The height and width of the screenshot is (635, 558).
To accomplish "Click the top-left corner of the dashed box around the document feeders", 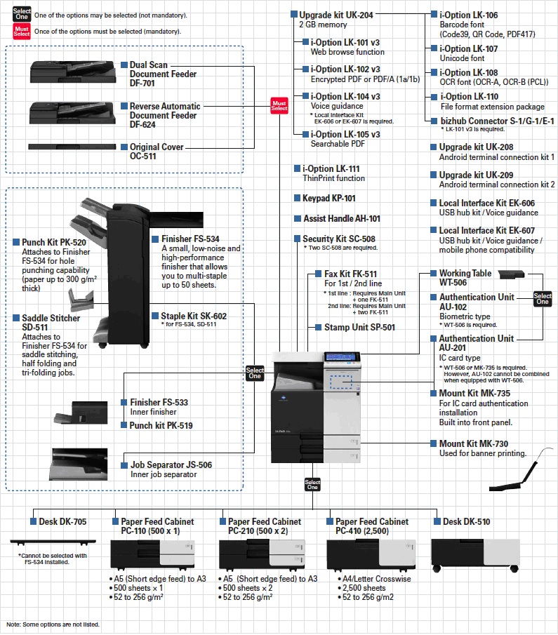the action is [6, 46].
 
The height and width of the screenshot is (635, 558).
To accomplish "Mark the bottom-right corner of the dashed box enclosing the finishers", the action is [243, 490].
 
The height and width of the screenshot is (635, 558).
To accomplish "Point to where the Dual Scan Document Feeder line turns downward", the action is [255, 67].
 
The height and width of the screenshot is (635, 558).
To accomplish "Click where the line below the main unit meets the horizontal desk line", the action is [312, 509].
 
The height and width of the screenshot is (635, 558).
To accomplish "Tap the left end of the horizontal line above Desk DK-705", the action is [33, 509].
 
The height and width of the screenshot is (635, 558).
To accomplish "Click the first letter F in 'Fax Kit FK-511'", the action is [327, 274].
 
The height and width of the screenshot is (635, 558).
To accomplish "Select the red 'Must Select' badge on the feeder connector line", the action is [279, 106].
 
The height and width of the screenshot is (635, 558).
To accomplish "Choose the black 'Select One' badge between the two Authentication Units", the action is [543, 298].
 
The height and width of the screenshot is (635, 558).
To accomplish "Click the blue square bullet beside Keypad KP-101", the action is [297, 198].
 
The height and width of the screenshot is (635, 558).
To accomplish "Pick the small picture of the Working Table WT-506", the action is [511, 274].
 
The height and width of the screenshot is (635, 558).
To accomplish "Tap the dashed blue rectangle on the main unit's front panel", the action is [340, 382].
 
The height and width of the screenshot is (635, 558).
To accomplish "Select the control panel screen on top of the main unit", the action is [341, 356].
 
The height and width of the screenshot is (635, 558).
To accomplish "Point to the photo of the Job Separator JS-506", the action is [79, 464].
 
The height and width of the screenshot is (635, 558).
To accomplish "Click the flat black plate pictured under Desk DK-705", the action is [53, 542].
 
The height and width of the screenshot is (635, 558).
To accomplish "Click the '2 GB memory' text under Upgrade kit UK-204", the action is [323, 25].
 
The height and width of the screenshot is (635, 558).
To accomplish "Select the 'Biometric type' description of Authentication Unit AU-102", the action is [465, 316].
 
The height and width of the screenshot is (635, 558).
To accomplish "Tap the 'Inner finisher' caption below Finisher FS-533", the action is [153, 412].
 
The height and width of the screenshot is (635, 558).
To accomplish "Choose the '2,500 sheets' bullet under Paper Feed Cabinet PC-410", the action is [364, 588].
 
